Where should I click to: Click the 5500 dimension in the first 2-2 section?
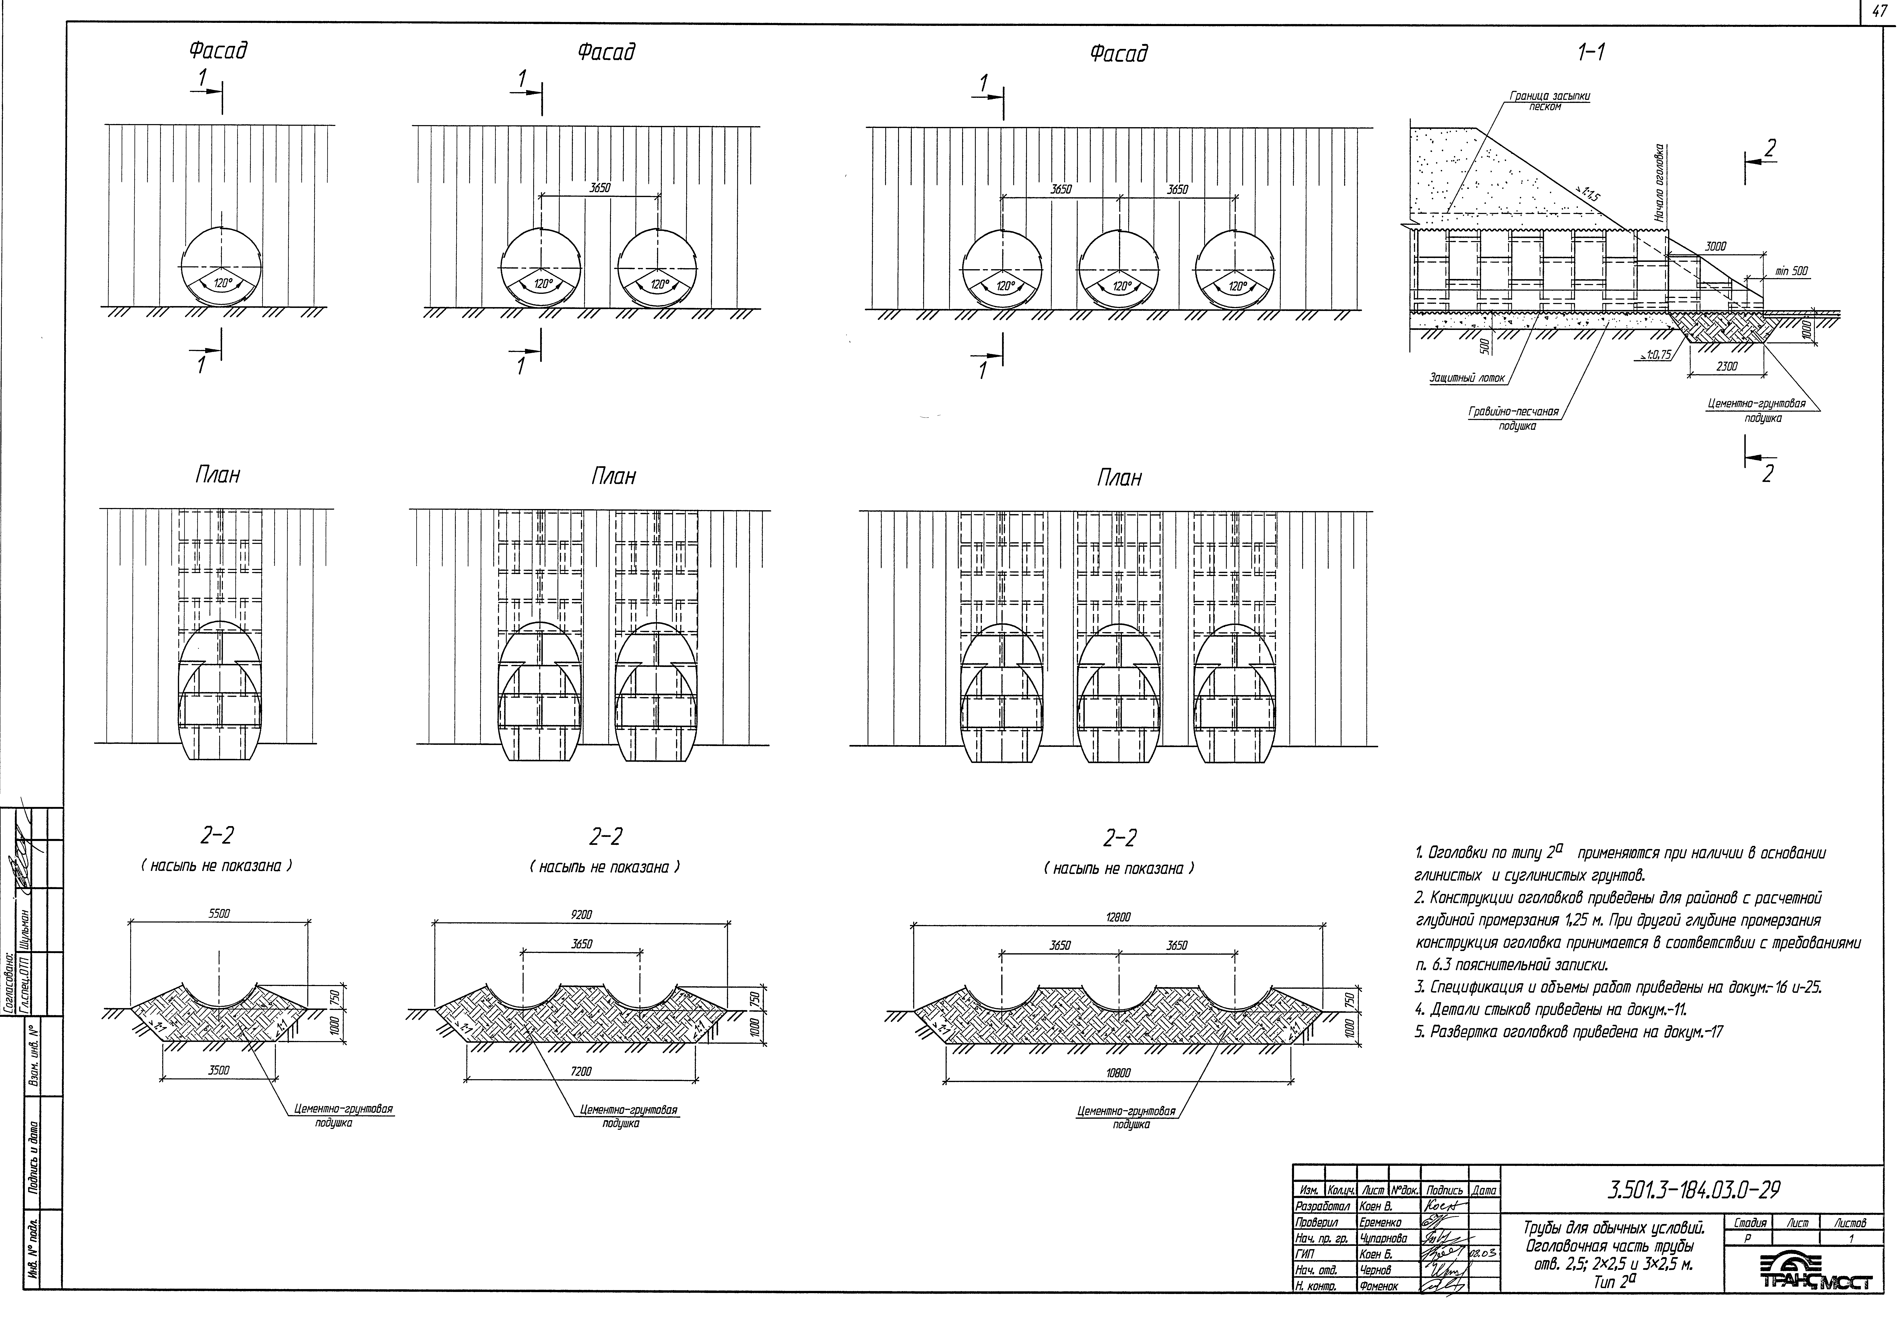point(219,914)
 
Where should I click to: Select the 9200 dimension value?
point(582,915)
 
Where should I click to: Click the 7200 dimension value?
point(582,1071)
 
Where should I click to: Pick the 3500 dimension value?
point(219,1070)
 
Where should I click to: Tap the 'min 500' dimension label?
point(1791,271)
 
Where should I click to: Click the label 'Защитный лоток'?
point(1466,378)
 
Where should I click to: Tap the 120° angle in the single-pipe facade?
point(221,283)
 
